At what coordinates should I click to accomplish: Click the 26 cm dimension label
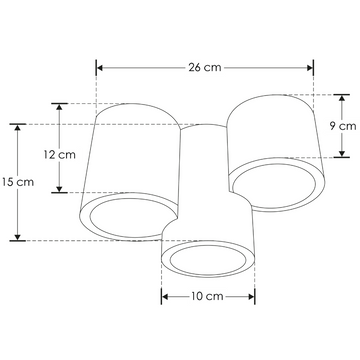[x=205, y=68]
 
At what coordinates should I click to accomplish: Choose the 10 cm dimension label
[x=208, y=297]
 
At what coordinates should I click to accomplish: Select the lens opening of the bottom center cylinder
[x=209, y=264]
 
